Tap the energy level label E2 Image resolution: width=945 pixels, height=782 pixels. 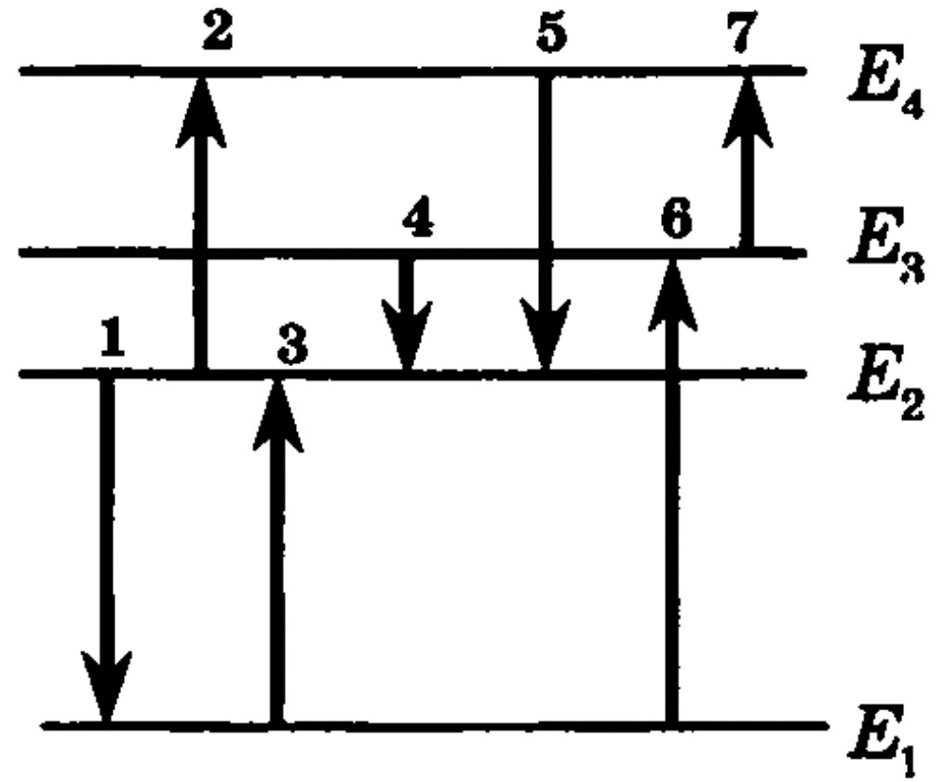click(x=884, y=382)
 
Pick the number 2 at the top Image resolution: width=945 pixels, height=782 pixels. click(x=217, y=32)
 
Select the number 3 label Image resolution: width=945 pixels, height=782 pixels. click(x=293, y=344)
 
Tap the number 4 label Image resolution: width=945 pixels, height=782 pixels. click(x=418, y=216)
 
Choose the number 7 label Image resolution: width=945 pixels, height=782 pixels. click(x=742, y=32)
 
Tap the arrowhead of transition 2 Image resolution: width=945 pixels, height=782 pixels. click(x=201, y=111)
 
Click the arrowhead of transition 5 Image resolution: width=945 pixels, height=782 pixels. click(x=546, y=335)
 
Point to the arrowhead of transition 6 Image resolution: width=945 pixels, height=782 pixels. click(x=672, y=294)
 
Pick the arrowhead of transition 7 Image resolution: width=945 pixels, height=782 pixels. click(x=748, y=111)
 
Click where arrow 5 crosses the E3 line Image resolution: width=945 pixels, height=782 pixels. click(x=546, y=252)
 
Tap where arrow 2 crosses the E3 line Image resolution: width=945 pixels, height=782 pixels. click(x=201, y=252)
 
